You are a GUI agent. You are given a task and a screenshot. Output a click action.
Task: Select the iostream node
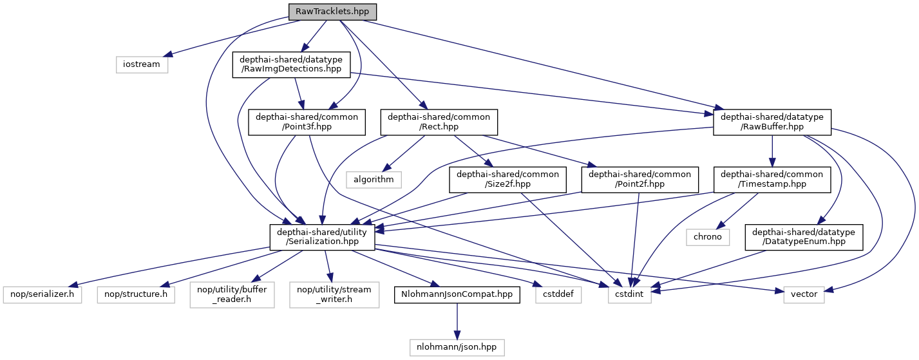click(142, 64)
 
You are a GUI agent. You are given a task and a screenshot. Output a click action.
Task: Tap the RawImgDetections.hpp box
click(291, 64)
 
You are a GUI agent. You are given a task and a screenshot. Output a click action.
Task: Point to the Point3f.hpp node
click(308, 122)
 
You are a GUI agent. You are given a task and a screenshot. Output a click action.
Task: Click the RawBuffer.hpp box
click(772, 122)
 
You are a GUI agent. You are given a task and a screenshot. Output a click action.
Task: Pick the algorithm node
click(374, 179)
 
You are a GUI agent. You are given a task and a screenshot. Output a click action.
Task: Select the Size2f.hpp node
click(508, 179)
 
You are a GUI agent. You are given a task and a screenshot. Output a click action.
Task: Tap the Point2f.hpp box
click(640, 179)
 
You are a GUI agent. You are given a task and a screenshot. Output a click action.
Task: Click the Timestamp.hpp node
click(772, 179)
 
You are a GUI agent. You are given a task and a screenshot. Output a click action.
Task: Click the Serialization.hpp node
click(322, 236)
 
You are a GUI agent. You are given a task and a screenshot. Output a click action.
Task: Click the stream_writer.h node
click(330, 294)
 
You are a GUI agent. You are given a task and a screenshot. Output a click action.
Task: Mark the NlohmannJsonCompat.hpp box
click(457, 294)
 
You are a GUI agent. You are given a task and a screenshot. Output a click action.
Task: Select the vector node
click(804, 294)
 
